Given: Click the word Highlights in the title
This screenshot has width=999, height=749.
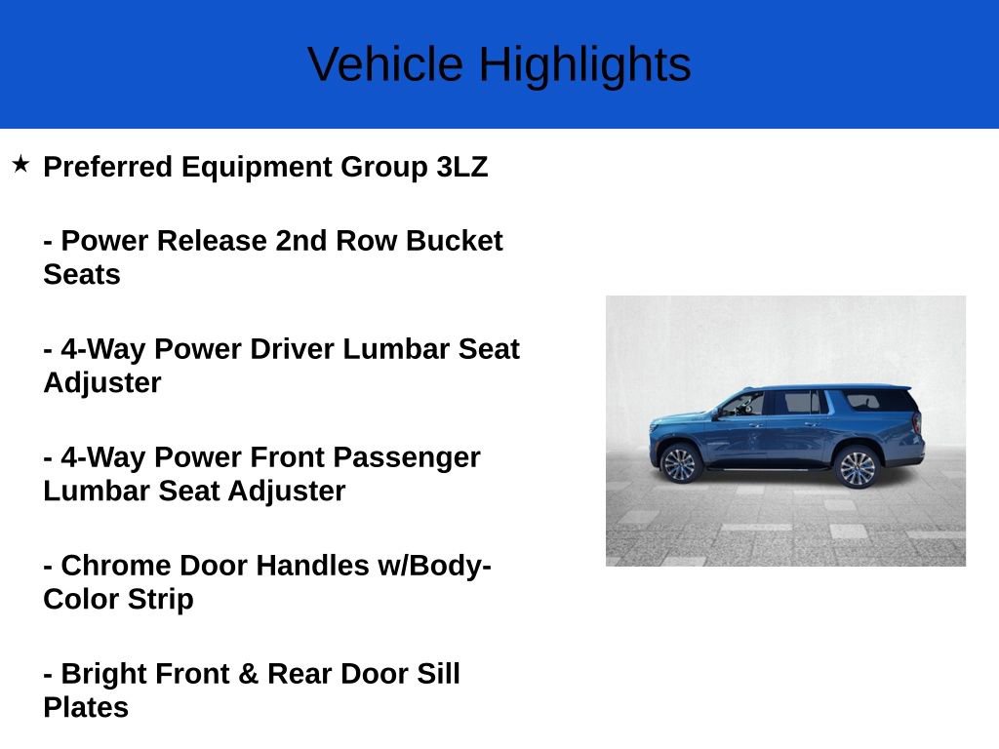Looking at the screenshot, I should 584,64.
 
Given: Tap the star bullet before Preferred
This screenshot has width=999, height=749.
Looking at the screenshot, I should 20,164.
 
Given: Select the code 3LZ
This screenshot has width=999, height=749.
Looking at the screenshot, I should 461,167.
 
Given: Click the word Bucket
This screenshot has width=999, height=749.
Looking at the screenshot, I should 454,241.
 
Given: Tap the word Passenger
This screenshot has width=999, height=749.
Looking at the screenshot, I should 407,457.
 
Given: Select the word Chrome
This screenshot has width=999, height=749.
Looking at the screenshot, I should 116,566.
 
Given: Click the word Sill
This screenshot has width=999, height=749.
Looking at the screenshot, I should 437,674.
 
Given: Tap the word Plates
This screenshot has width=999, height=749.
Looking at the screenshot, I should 86,707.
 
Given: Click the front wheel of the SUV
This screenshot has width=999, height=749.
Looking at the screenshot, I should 680,463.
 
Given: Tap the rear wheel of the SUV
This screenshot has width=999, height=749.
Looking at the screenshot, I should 858,467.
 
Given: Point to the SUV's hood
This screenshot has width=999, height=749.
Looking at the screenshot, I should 678,419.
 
